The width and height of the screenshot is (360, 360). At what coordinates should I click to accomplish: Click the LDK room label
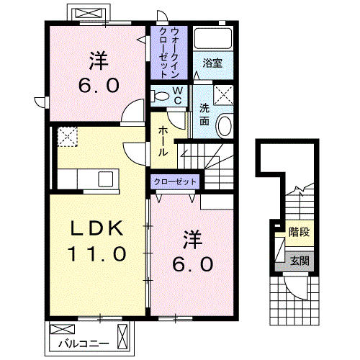point(98,230)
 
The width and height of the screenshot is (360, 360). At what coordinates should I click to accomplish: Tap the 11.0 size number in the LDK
point(98,254)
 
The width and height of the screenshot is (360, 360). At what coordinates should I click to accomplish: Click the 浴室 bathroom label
point(212,63)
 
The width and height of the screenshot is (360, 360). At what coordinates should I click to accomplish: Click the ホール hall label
point(164,141)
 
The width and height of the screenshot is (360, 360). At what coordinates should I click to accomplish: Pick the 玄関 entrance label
point(298,261)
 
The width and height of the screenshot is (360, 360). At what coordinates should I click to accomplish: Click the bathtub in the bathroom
point(213,40)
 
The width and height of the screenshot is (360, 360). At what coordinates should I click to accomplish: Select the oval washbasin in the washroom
point(224,125)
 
